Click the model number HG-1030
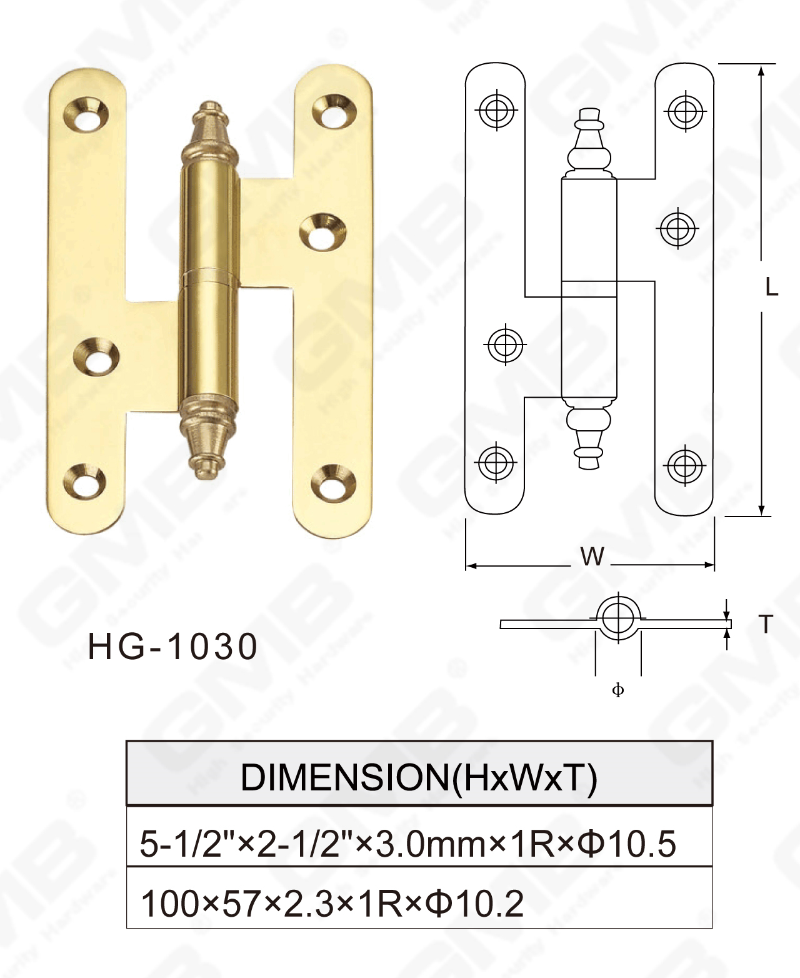click(172, 647)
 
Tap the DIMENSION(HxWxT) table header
click(419, 777)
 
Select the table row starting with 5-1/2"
click(407, 843)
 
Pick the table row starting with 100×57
click(332, 904)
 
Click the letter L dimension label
click(772, 287)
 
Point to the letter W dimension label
click(592, 556)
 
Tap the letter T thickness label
click(766, 624)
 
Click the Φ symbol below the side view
click(617, 690)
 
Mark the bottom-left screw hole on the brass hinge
click(85, 481)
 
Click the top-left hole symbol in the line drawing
click(496, 111)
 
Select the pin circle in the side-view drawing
click(618, 617)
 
